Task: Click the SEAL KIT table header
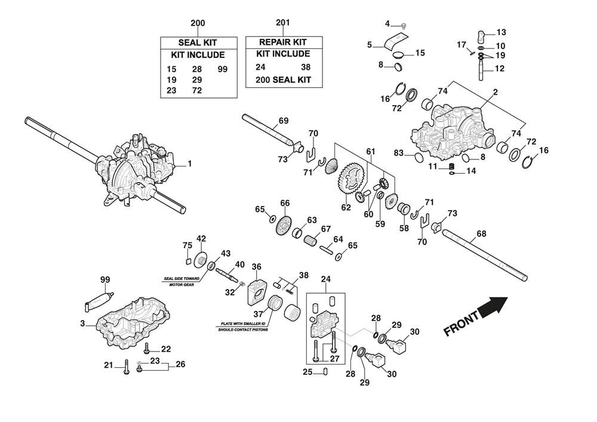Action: pyautogui.click(x=198, y=42)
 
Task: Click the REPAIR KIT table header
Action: pyautogui.click(x=283, y=42)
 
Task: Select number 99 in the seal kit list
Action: pyautogui.click(x=223, y=69)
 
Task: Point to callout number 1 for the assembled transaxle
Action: pyautogui.click(x=190, y=163)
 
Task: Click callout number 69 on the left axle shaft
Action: pyautogui.click(x=284, y=121)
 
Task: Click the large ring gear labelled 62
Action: pyautogui.click(x=351, y=181)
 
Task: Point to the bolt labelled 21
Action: pyautogui.click(x=126, y=368)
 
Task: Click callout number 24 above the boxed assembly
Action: pyautogui.click(x=325, y=279)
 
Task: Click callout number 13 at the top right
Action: pyautogui.click(x=500, y=32)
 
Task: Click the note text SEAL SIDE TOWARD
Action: pyautogui.click(x=183, y=278)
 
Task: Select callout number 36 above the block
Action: pyautogui.click(x=257, y=267)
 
